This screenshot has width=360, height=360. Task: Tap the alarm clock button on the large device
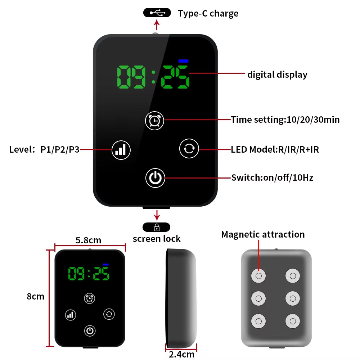[154, 121]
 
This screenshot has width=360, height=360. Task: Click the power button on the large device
[155, 178]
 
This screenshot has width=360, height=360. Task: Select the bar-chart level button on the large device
[121, 150]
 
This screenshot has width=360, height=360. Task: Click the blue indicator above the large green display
[183, 61]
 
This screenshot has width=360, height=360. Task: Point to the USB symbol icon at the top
[157, 13]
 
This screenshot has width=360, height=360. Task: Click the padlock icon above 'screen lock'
[157, 227]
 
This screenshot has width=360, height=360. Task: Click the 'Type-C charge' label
[208, 14]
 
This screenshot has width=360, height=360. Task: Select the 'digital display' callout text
[277, 75]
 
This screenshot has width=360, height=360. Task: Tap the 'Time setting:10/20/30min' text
[285, 120]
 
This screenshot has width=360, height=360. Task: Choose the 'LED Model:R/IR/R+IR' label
[275, 149]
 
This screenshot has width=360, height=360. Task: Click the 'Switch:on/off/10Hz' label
[272, 178]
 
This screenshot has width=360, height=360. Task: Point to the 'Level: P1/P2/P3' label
[44, 149]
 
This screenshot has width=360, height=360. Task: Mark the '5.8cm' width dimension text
[89, 240]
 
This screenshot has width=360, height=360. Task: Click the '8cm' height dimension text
[36, 296]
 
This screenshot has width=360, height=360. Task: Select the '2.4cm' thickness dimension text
[181, 354]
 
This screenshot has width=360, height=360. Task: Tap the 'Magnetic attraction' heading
[263, 234]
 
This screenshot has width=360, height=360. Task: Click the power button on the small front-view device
[90, 331]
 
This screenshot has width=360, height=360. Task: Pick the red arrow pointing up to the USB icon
[157, 25]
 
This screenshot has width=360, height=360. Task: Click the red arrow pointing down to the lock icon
[157, 215]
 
